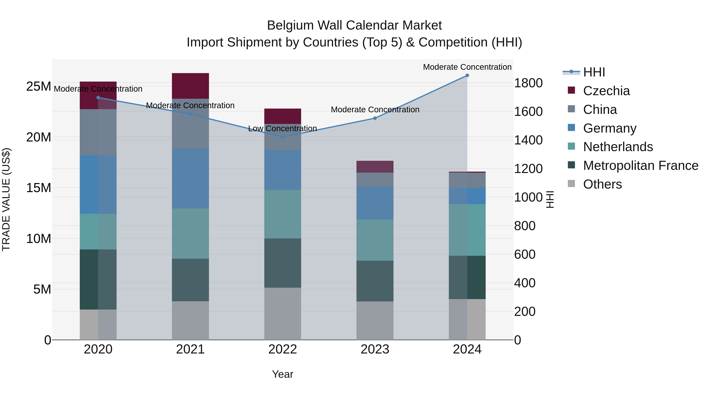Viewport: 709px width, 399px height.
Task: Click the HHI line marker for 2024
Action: [x=467, y=75]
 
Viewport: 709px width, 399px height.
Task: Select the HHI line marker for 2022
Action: [x=283, y=137]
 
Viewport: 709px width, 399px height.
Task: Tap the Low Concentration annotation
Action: [x=283, y=129]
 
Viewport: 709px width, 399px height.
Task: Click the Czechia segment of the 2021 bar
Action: [x=190, y=86]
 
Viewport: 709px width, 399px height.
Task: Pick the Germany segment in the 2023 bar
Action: [x=375, y=203]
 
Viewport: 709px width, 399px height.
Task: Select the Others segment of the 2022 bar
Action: [x=283, y=314]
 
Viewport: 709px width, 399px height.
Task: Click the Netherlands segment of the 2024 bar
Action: [x=467, y=230]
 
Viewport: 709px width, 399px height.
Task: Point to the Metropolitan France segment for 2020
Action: [x=98, y=279]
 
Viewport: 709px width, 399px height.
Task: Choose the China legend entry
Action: [x=600, y=110]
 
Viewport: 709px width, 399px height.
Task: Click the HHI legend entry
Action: [x=594, y=72]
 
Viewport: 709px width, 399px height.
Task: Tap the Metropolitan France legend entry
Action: [x=640, y=166]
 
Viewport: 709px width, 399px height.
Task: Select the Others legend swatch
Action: [x=571, y=184]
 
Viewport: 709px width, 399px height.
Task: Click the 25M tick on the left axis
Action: [x=39, y=86]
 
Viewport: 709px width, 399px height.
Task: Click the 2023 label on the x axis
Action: [x=375, y=349]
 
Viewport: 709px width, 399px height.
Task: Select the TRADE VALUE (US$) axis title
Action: [x=6, y=199]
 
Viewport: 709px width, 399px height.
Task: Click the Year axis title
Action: [x=283, y=374]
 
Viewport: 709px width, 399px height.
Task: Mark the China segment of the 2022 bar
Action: [x=283, y=137]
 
